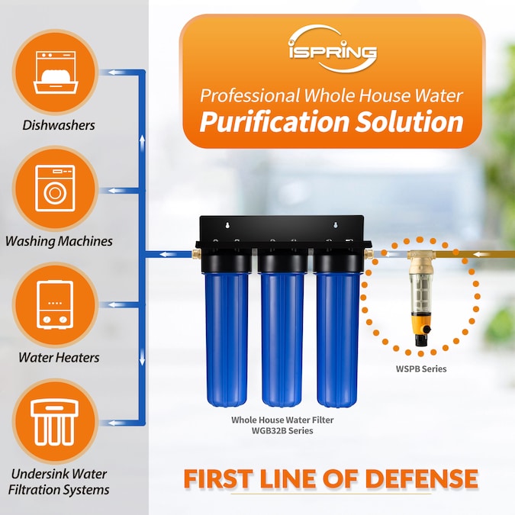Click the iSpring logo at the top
[333, 48]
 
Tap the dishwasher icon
[56, 72]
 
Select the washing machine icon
[55, 188]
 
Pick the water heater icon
[55, 304]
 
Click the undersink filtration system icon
[55, 422]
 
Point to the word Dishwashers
[59, 125]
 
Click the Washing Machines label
[59, 241]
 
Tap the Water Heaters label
[59, 357]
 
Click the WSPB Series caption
[421, 369]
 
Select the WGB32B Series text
[282, 430]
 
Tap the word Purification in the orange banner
[274, 121]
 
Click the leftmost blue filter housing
[227, 339]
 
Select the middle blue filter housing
[282, 339]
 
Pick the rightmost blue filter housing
[338, 339]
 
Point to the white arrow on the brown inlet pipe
[484, 254]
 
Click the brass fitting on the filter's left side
[196, 253]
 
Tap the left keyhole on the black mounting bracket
[227, 225]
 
